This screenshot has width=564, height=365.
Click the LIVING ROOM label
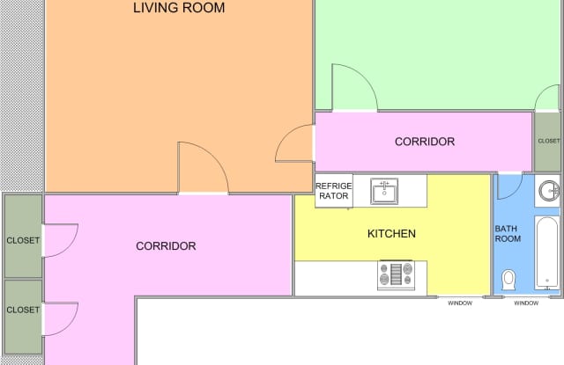pyautogui.click(x=179, y=8)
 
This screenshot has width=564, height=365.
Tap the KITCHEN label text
pyautogui.click(x=391, y=234)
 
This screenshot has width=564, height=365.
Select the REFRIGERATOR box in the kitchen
pyautogui.click(x=334, y=191)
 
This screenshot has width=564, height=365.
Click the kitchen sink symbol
pyautogui.click(x=384, y=191)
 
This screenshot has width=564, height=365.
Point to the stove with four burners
pyautogui.click(x=396, y=275)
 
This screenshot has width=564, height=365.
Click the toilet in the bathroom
pyautogui.click(x=508, y=280)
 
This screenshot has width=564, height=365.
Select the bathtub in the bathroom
pyautogui.click(x=547, y=252)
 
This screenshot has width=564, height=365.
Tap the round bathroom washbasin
pyautogui.click(x=549, y=191)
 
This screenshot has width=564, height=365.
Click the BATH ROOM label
pyautogui.click(x=508, y=234)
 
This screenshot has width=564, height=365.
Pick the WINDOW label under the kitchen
pyautogui.click(x=460, y=303)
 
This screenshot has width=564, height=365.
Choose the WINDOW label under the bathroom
pyautogui.click(x=526, y=303)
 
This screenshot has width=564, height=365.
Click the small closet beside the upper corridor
pyautogui.click(x=546, y=142)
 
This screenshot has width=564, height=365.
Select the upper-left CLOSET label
pyautogui.click(x=23, y=240)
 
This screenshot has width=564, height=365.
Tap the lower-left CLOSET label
pyautogui.click(x=23, y=310)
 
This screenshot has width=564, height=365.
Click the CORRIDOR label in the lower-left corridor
pyautogui.click(x=166, y=246)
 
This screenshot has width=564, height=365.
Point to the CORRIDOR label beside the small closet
pyautogui.click(x=425, y=142)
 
